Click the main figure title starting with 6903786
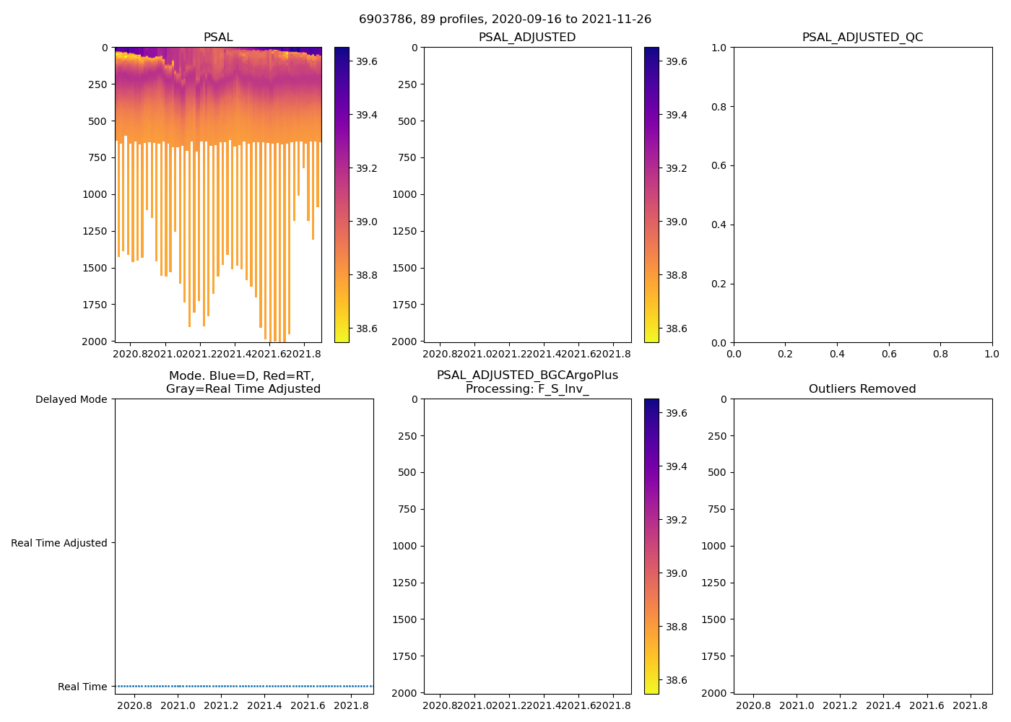point(505,19)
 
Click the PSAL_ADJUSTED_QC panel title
point(862,38)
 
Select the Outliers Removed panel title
point(862,389)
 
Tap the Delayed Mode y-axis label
point(71,399)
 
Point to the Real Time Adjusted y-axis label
point(58,543)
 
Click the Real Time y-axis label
point(82,687)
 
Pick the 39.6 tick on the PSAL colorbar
point(366,61)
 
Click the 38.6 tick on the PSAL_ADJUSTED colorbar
point(676,329)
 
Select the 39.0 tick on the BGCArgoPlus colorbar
point(676,573)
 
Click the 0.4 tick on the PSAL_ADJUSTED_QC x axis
point(837,354)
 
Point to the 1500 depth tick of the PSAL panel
point(95,268)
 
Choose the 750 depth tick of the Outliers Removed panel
point(713,509)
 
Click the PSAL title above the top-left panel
point(218,38)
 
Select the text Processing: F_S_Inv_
point(527,389)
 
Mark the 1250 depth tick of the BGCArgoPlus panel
point(404,583)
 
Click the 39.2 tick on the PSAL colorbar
point(366,168)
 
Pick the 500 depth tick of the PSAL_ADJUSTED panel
point(408,121)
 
